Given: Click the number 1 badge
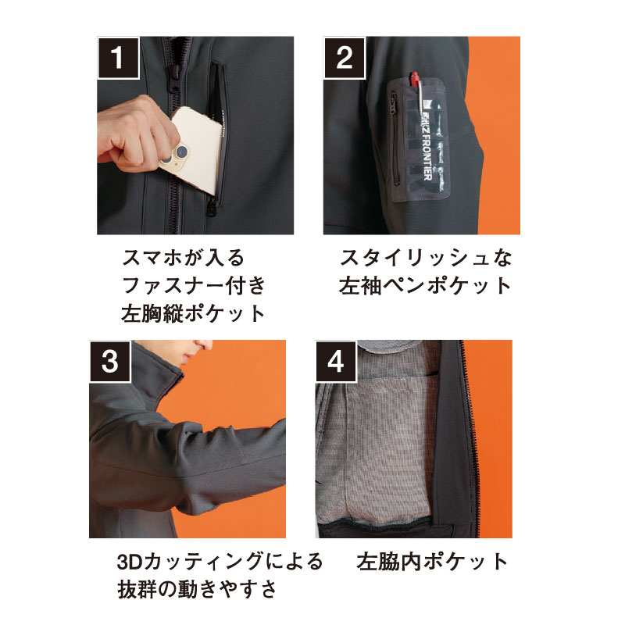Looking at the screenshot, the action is click(119, 58).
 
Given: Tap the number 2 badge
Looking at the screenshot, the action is click(345, 58).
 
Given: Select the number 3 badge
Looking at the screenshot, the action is click(110, 362).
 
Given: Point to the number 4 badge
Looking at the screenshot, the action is click(336, 362).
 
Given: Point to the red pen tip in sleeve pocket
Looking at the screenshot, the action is click(414, 77).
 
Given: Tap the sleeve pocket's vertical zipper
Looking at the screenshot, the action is click(395, 140).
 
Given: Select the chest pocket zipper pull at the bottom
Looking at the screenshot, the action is click(212, 206).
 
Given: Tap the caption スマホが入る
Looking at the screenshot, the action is click(184, 257).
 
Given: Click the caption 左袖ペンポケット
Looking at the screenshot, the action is click(425, 286).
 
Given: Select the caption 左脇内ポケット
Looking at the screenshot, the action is click(432, 561).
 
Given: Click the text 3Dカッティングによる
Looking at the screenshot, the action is click(220, 561).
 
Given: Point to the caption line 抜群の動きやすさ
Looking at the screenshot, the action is click(197, 589).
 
